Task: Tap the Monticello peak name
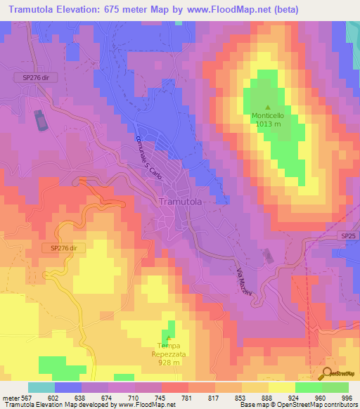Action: tap(268, 117)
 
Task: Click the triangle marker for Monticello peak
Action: tap(267, 107)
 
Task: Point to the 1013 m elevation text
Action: tap(268, 126)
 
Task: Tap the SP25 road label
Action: tap(346, 236)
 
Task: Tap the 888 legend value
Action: tap(268, 398)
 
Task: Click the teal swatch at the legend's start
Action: tap(41, 387)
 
